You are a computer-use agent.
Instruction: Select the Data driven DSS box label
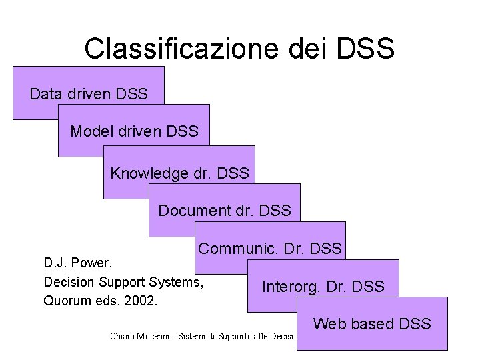[89, 94]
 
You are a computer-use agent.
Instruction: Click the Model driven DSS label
[134, 131]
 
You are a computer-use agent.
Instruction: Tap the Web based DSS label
[372, 324]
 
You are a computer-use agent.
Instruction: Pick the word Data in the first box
[45, 94]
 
